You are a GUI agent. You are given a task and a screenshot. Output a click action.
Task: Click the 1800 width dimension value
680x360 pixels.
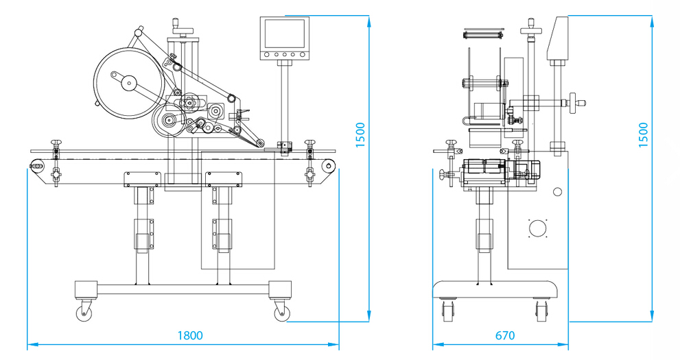[x=190, y=335]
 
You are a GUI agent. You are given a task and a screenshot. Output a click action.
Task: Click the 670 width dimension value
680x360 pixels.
[x=504, y=335]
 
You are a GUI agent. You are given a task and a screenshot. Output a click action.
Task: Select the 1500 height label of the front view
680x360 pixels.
[x=361, y=135]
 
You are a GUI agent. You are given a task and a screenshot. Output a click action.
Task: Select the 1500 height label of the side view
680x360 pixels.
[x=643, y=135]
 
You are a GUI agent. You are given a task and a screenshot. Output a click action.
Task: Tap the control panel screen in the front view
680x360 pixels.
[x=283, y=34]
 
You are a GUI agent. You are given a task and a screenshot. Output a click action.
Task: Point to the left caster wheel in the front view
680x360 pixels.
[x=86, y=313]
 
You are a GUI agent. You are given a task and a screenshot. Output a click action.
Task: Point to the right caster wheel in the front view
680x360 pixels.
[x=280, y=313]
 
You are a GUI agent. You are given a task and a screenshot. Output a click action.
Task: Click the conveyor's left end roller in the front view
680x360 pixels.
[x=36, y=165]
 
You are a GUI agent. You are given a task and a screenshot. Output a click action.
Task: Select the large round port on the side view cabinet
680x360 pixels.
[x=537, y=228]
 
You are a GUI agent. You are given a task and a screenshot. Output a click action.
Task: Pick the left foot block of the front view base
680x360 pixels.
[x=84, y=289]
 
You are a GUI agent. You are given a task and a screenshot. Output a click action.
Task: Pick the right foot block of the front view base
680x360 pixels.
[x=279, y=289]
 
